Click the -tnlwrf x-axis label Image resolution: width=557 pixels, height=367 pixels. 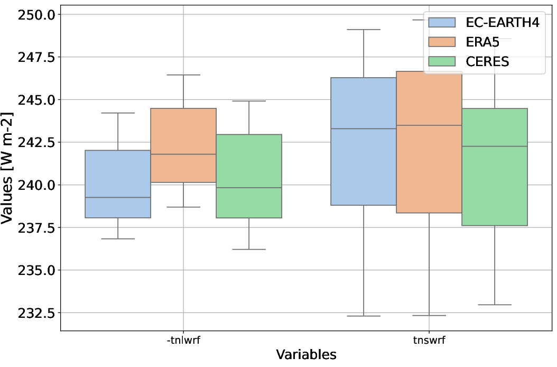[183, 340]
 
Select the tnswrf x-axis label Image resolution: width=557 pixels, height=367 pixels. [429, 340]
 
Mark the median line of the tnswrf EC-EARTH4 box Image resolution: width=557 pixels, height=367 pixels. [364, 129]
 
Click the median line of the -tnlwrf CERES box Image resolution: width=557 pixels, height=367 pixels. [249, 188]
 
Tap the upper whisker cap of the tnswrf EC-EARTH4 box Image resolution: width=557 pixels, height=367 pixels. [364, 30]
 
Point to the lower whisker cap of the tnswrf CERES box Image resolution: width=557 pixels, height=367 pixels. [494, 305]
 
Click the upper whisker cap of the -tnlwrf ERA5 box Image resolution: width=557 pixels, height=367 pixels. [183, 75]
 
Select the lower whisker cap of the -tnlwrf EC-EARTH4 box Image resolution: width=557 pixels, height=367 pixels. [118, 238]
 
